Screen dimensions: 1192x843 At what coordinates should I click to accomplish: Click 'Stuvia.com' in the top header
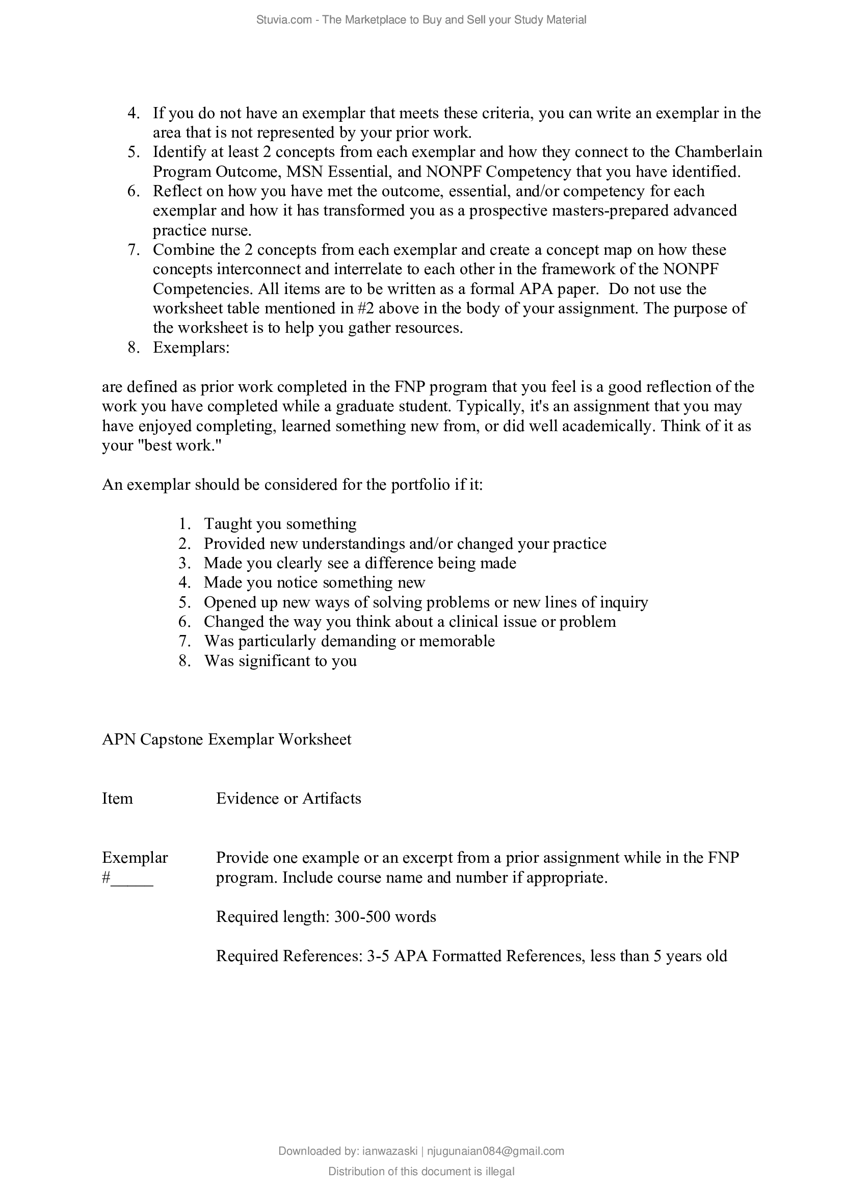pyautogui.click(x=283, y=20)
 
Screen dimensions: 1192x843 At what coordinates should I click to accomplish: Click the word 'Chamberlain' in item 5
pyautogui.click(x=719, y=151)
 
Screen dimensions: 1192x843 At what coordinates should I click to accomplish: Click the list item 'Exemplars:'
pyautogui.click(x=191, y=348)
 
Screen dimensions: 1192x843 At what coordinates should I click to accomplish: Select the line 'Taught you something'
pyautogui.click(x=280, y=523)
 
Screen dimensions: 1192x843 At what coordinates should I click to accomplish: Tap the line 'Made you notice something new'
pyautogui.click(x=314, y=582)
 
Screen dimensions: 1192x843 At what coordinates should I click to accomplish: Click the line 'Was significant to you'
pyautogui.click(x=280, y=660)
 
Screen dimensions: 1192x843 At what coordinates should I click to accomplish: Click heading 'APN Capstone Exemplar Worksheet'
pyautogui.click(x=226, y=739)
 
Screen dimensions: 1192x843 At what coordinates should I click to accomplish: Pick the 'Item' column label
pyautogui.click(x=117, y=798)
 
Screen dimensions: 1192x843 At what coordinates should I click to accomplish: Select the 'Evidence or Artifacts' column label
pyautogui.click(x=288, y=798)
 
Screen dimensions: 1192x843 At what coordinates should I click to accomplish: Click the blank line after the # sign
pyautogui.click(x=132, y=879)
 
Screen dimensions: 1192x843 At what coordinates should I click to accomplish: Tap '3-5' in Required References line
pyautogui.click(x=378, y=956)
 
